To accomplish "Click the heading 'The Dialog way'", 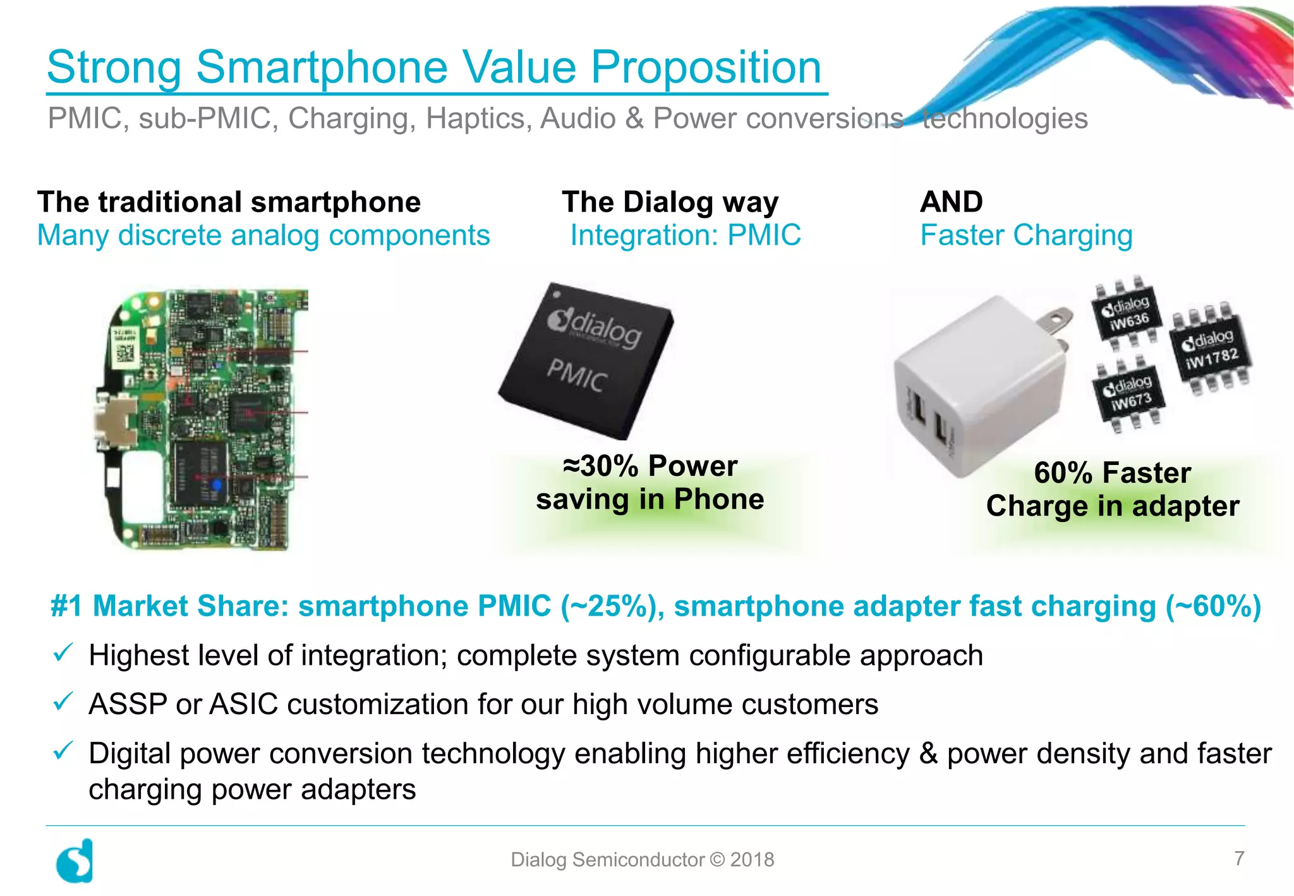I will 670,202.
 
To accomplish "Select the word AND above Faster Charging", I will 951,202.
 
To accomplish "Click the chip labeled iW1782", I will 1211,349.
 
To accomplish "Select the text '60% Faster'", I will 1112,473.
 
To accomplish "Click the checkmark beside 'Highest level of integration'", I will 63,653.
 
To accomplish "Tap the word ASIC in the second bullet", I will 243,705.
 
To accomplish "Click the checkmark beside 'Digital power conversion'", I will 63,751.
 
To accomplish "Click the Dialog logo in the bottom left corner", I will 75,861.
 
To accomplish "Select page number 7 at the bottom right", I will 1239,858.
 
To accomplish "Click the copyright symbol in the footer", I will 718,859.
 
